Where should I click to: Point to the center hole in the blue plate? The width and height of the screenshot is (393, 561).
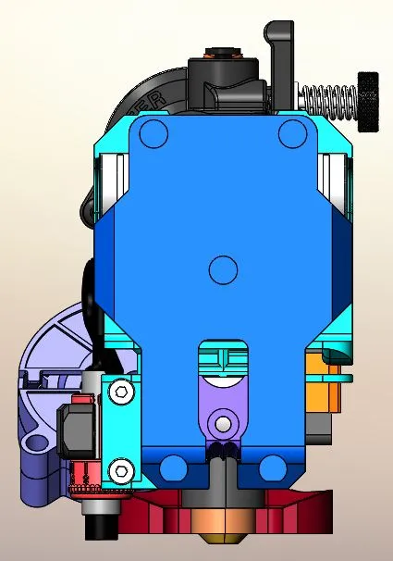pyautogui.click(x=223, y=270)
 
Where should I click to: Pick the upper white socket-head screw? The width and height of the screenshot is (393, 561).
pyautogui.click(x=120, y=393)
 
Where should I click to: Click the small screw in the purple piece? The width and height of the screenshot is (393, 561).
pyautogui.click(x=222, y=424)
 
